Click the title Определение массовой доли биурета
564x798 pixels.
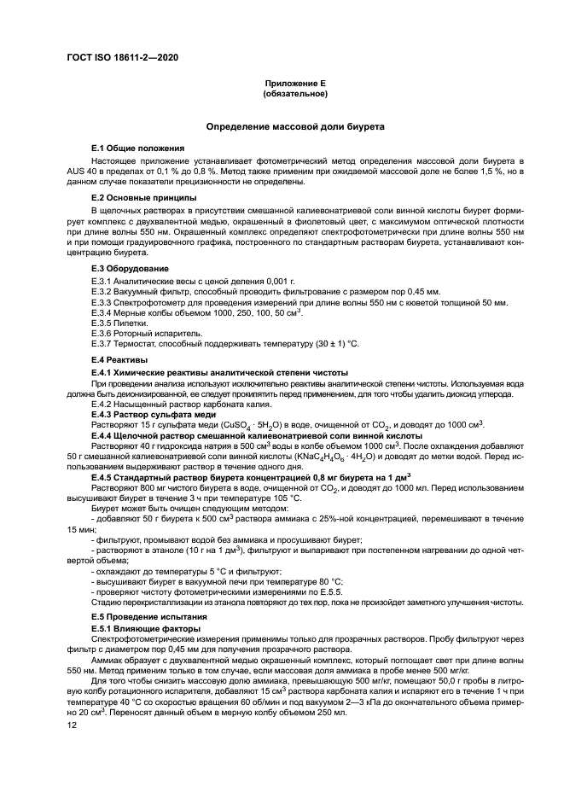point(294,126)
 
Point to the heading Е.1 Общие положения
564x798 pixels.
point(137,149)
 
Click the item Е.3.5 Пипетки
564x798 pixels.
point(119,324)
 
